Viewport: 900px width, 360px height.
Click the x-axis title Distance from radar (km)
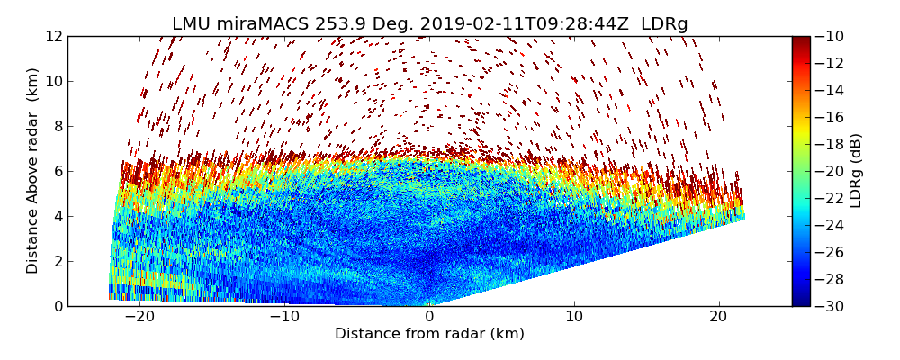point(429,334)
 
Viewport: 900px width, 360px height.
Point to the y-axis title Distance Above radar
point(33,171)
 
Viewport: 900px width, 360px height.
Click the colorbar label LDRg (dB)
point(856,171)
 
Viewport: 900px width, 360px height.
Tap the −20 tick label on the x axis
point(139,317)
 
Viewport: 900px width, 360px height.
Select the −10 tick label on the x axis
point(284,317)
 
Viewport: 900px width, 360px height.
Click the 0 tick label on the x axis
point(429,317)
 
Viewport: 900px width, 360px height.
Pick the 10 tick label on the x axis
point(574,317)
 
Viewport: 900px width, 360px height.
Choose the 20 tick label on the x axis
point(718,317)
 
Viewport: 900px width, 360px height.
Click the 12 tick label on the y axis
point(54,36)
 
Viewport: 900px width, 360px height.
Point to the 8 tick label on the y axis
point(58,126)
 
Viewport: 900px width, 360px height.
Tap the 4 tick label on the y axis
point(58,216)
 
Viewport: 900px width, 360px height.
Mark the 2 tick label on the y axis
point(58,261)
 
